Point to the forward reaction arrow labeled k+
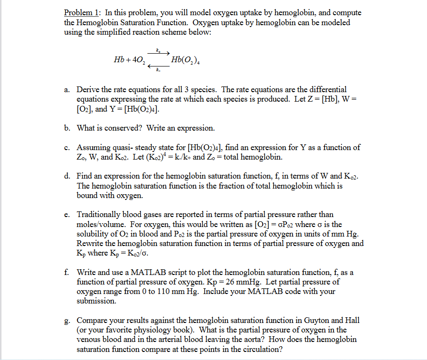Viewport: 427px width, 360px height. [159, 52]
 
